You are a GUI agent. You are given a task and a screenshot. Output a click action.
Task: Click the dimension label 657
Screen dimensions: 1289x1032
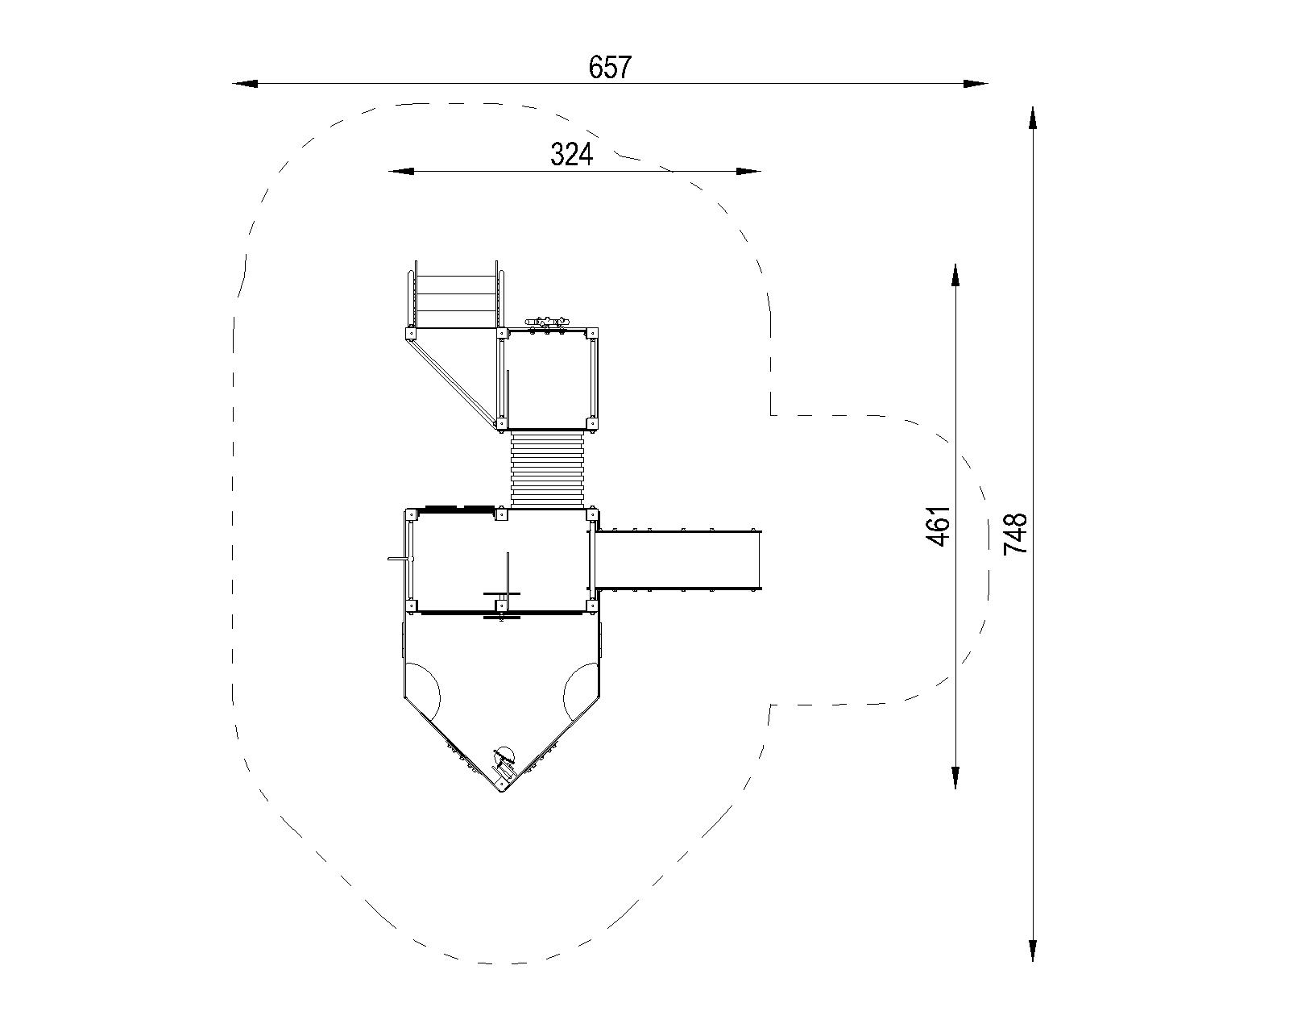610,67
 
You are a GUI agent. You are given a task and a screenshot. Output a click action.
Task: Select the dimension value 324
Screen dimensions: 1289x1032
571,155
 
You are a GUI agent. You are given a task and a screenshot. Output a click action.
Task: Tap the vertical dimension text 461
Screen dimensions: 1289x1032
938,526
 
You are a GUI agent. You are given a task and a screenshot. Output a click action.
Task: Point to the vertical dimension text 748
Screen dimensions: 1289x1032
1014,534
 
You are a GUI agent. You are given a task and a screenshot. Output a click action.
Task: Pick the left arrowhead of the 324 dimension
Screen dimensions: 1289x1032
401,172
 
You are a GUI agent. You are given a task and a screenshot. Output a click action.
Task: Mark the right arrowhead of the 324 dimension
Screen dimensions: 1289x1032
748,172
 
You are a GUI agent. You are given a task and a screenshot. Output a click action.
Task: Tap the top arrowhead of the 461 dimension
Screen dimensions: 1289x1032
955,276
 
